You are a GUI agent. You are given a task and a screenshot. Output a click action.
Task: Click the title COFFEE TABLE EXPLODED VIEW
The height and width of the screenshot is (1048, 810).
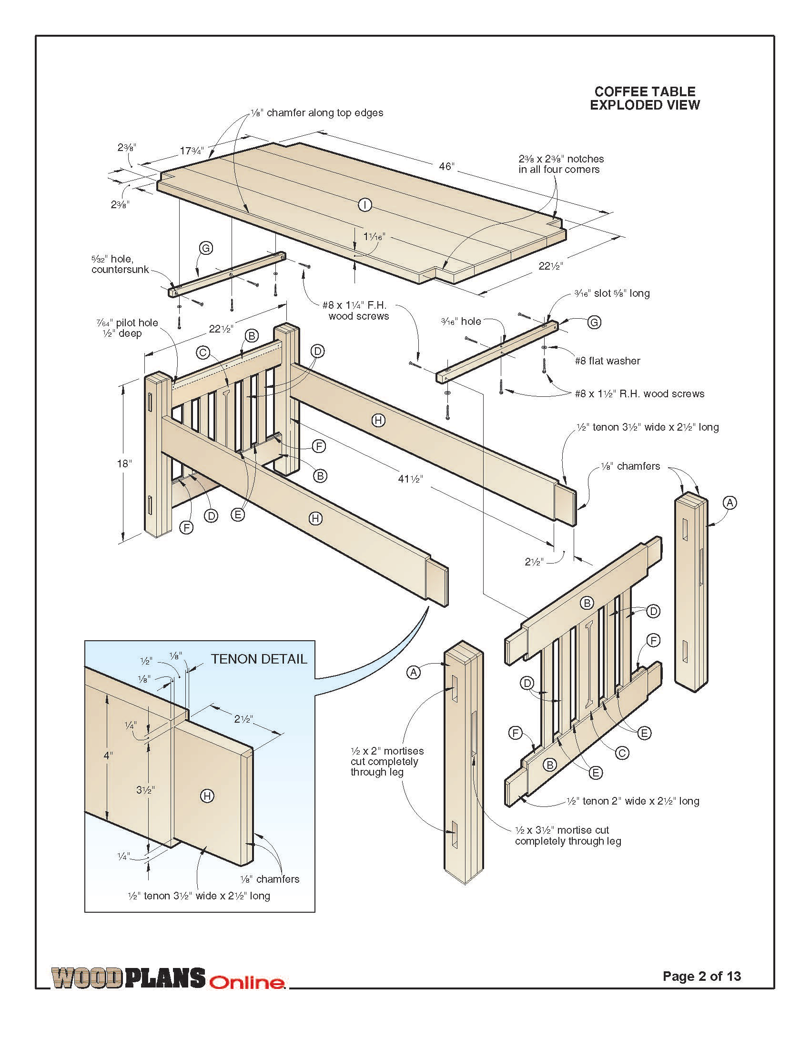point(645,99)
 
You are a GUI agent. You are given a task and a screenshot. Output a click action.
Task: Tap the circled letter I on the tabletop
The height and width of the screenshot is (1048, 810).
point(365,205)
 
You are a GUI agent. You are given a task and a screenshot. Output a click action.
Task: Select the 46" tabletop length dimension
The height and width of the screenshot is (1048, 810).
point(446,166)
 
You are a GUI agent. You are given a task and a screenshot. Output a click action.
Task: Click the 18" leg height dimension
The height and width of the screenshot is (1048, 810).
point(124,463)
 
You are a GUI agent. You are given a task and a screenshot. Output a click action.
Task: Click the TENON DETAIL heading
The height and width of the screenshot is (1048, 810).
point(259,659)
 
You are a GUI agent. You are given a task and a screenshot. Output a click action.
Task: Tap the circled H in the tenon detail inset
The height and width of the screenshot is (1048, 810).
point(206,796)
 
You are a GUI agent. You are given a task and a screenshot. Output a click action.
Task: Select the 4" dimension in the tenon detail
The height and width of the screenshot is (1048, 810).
point(109,756)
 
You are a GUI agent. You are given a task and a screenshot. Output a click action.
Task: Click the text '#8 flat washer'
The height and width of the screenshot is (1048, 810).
point(607,361)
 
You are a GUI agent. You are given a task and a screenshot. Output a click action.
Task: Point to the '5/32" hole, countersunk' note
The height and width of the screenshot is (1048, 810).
point(121,264)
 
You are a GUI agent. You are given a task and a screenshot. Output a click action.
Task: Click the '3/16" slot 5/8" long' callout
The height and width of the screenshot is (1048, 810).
point(612,293)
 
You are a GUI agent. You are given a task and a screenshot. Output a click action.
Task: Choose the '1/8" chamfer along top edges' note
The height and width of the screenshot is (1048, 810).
point(317,113)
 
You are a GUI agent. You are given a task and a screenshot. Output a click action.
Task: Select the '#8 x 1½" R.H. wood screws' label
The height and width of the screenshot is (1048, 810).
point(639,394)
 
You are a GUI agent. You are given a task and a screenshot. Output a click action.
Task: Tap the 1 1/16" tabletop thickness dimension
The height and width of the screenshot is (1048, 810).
point(374,237)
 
